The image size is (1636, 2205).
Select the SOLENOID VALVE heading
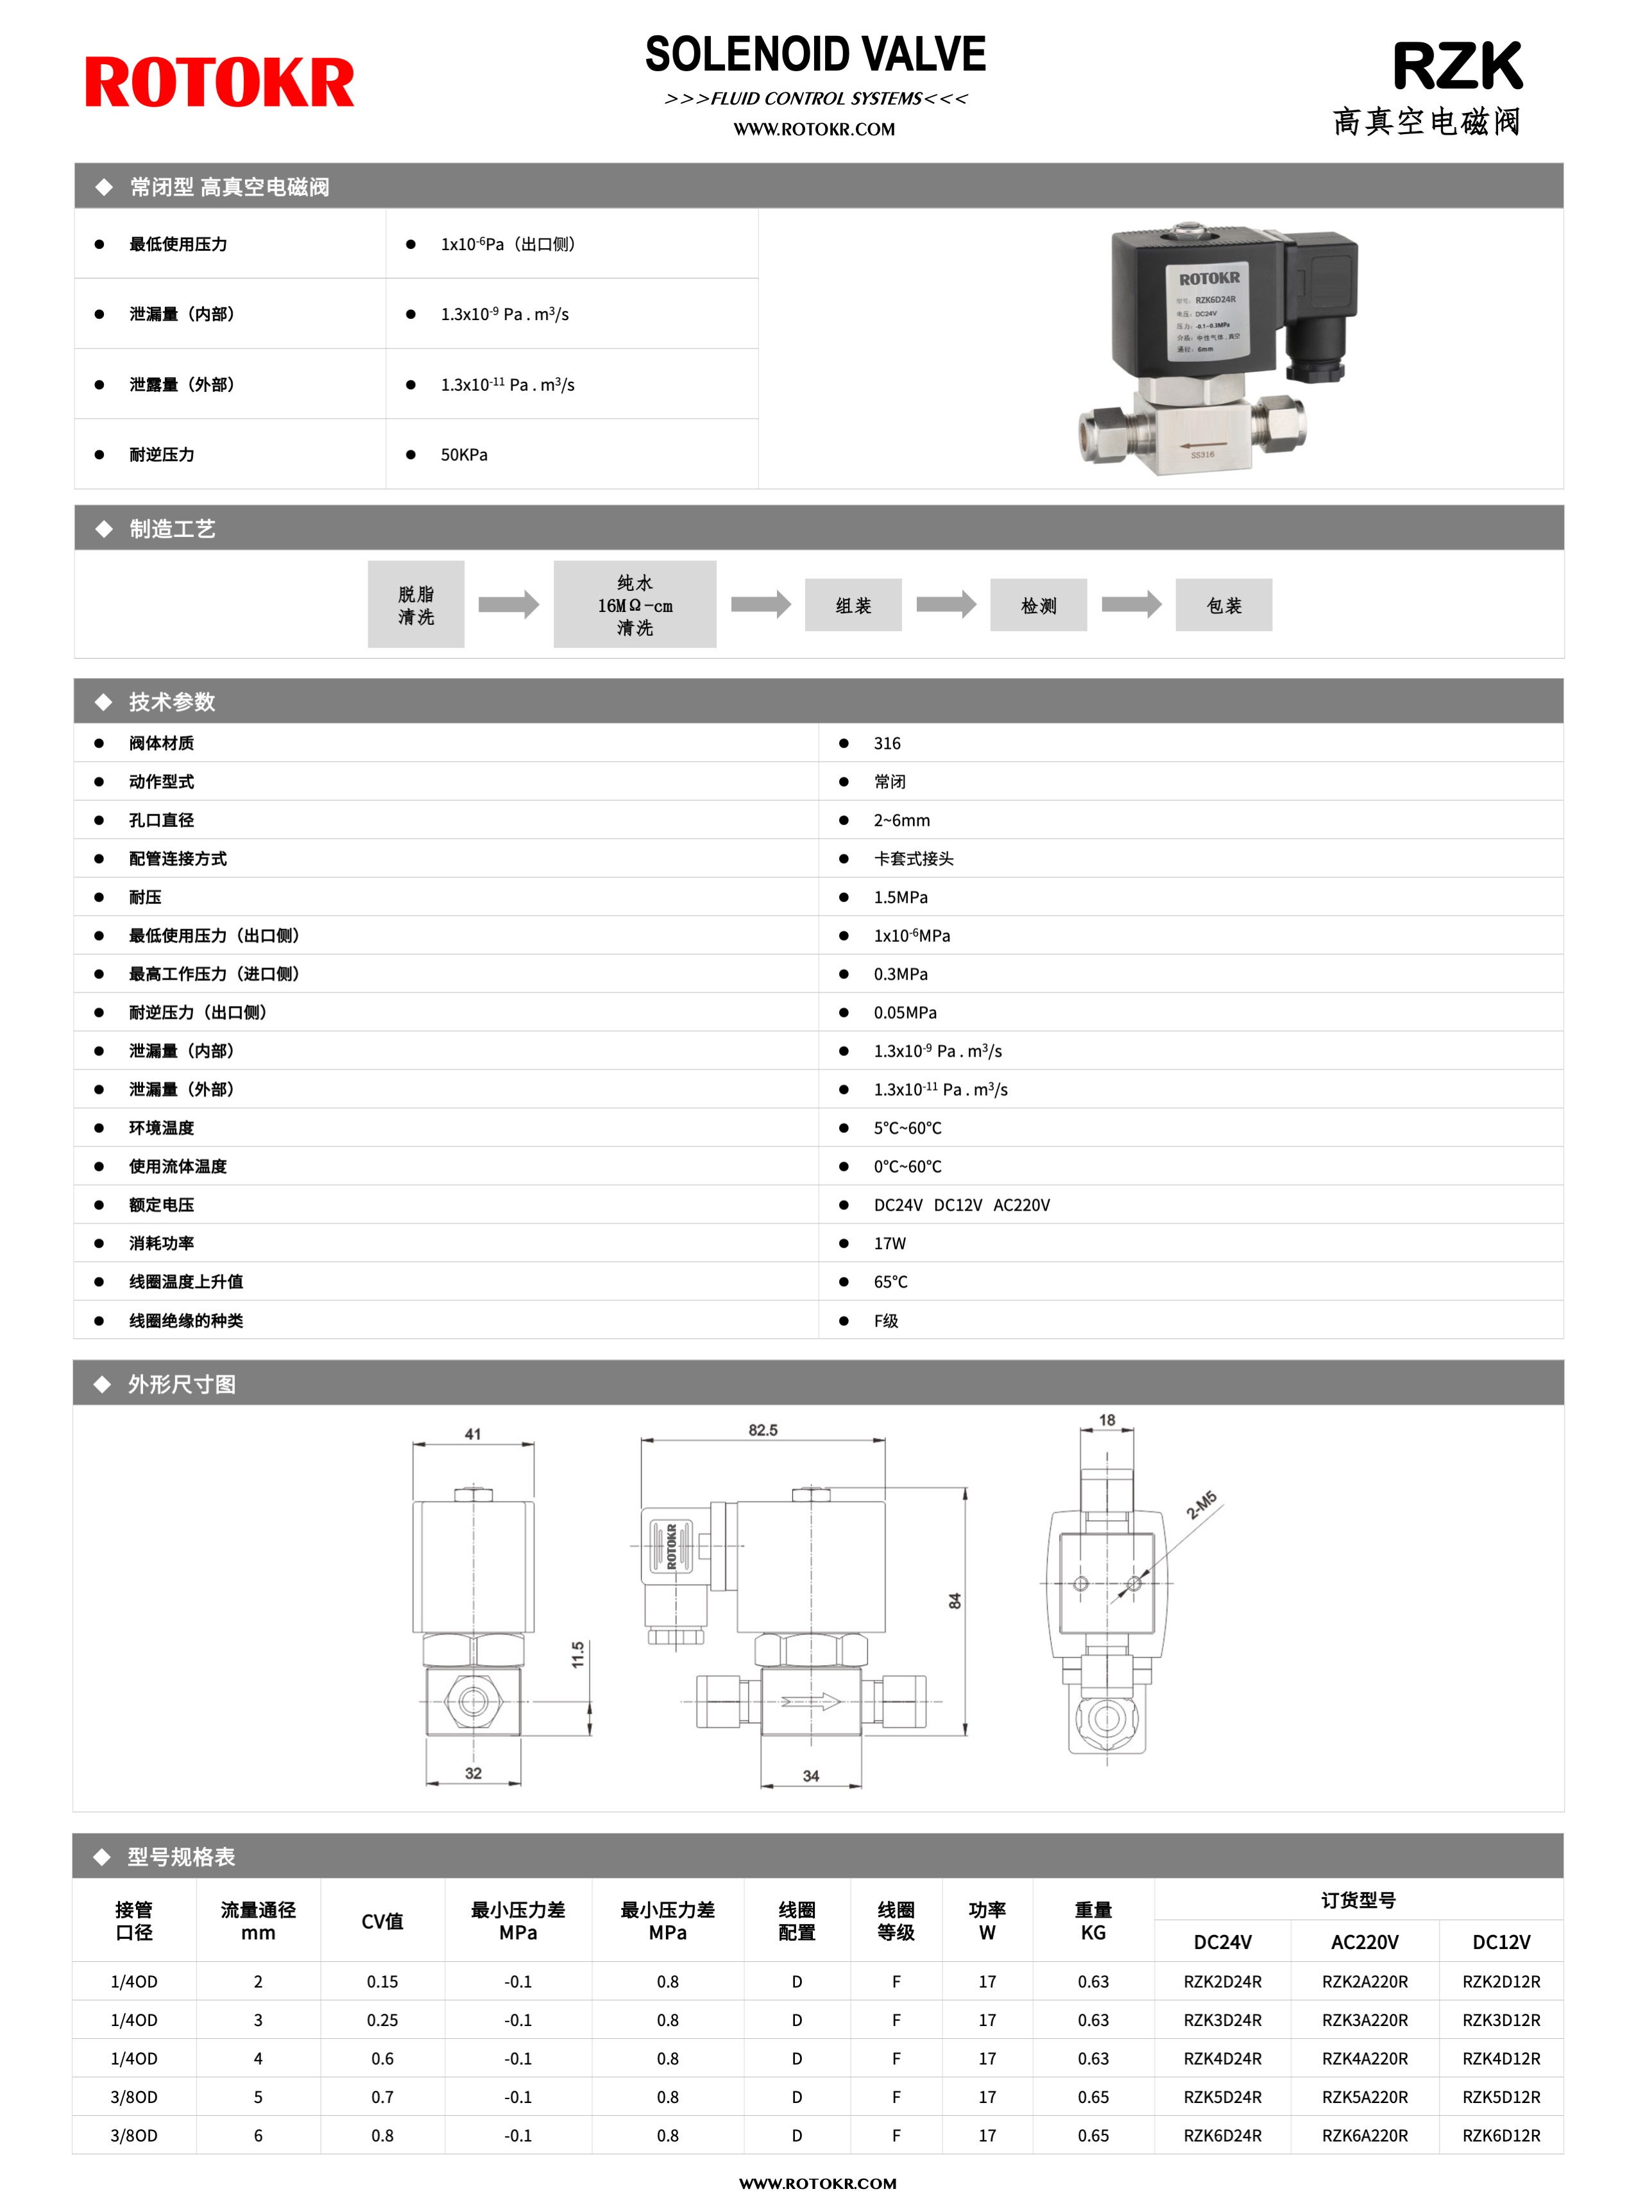[x=815, y=55]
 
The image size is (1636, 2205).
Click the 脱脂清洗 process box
[x=416, y=605]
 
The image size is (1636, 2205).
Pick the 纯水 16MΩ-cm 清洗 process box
[x=635, y=605]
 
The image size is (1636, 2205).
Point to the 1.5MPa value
[x=900, y=897]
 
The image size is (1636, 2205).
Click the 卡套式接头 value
[x=913, y=858]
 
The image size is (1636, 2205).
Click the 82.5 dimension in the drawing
[x=763, y=1430]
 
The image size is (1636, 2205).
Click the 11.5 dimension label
[x=577, y=1655]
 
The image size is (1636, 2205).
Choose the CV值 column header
[x=382, y=1921]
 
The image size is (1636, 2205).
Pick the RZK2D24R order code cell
[x=1222, y=1981]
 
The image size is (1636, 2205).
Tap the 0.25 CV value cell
[x=382, y=2020]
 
